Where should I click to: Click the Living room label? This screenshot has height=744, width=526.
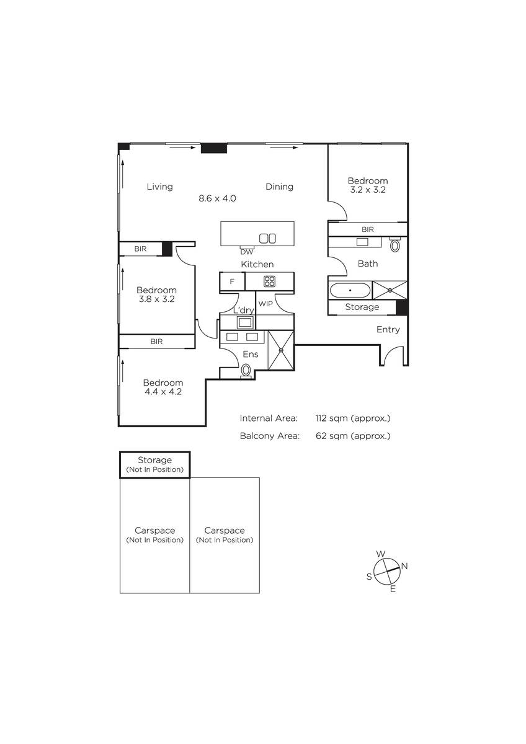(160, 187)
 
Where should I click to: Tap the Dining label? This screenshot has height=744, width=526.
(280, 187)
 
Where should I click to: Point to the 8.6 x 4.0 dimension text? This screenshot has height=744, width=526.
(217, 198)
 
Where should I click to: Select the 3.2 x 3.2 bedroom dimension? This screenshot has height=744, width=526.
(368, 190)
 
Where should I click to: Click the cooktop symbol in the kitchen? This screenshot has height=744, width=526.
(269, 281)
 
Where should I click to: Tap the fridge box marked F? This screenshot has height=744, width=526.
(232, 281)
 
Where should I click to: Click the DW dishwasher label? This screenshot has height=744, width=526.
(246, 252)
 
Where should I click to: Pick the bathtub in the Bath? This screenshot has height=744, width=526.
(350, 290)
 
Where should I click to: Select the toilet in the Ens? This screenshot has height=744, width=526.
(246, 371)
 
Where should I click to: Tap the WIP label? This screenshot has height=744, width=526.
(265, 304)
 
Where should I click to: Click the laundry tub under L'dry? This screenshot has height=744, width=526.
(245, 322)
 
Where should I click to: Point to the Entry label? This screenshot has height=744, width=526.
(388, 329)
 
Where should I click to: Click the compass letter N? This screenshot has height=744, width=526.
(404, 566)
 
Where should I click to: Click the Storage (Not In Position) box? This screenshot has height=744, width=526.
(155, 464)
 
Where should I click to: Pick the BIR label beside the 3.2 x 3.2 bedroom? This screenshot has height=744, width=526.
(367, 229)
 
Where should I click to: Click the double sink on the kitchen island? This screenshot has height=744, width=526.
(267, 239)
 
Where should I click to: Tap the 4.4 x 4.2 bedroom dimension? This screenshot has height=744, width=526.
(163, 392)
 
